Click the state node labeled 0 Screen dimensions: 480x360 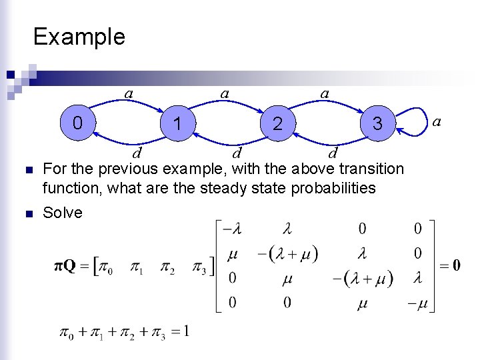pyautogui.click(x=78, y=123)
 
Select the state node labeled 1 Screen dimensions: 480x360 pyautogui.click(x=177, y=123)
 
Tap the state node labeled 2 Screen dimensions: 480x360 pyautogui.click(x=277, y=123)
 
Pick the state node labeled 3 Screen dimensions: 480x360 pyautogui.click(x=377, y=123)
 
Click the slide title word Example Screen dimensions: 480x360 pyautogui.click(x=79, y=36)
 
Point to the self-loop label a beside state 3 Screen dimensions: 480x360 pyautogui.click(x=437, y=121)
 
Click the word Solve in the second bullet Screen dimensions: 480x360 pyautogui.click(x=63, y=213)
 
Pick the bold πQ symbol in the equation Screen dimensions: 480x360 pyautogui.click(x=65, y=267)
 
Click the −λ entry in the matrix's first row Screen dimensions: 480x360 pyautogui.click(x=231, y=229)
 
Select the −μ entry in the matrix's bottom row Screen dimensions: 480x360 pyautogui.click(x=418, y=303)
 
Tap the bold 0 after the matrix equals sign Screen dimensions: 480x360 pyautogui.click(x=456, y=266)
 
